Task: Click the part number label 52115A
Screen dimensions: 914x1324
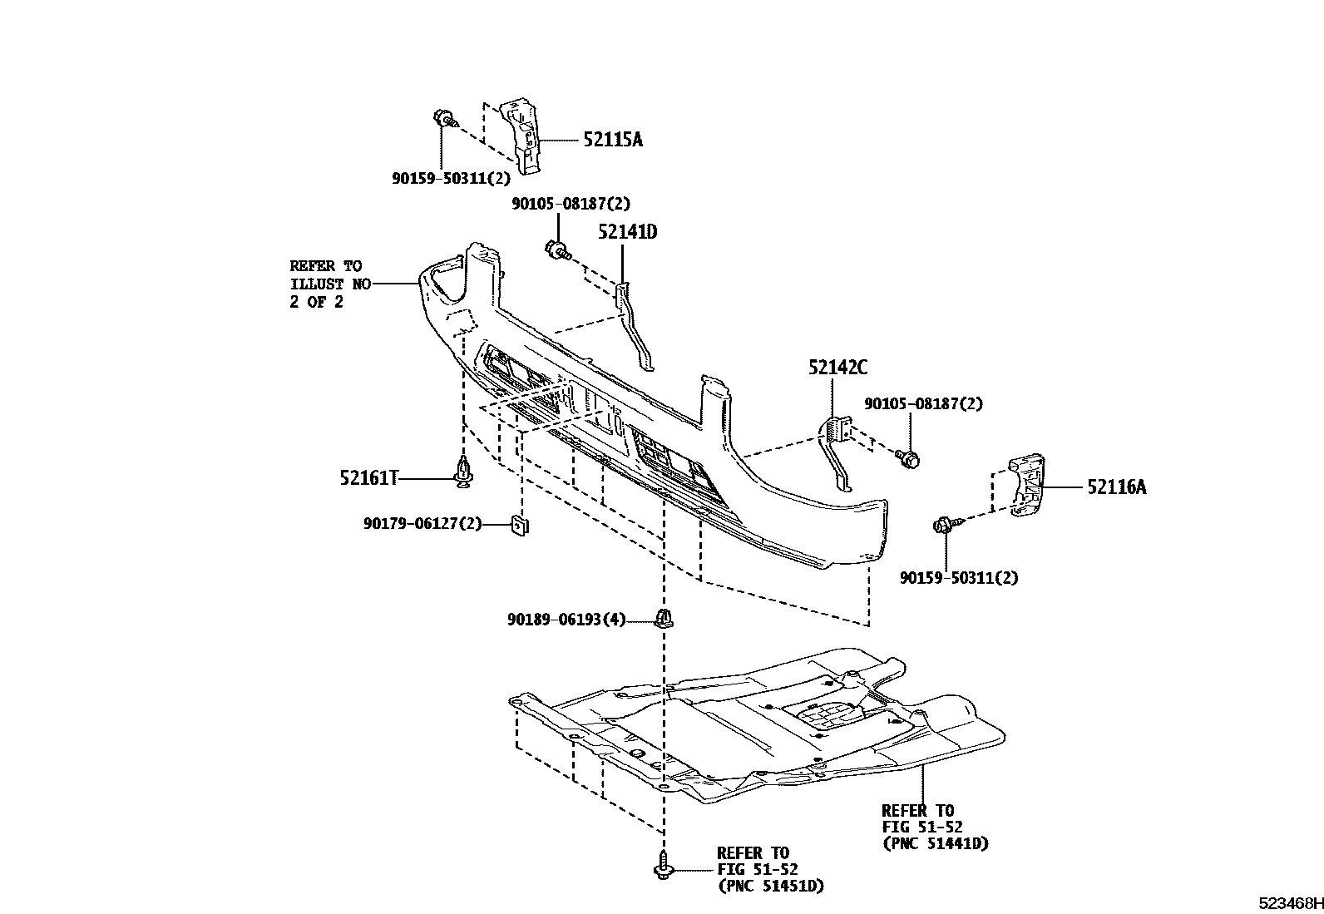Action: (612, 140)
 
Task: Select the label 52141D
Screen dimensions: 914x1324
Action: (627, 232)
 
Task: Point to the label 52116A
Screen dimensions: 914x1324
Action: (1115, 487)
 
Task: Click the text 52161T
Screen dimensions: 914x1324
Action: (368, 477)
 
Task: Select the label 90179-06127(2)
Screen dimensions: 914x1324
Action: (422, 524)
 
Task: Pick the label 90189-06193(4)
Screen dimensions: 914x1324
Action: (566, 620)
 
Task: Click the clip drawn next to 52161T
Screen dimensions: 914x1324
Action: (463, 471)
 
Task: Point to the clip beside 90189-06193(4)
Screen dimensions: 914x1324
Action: (664, 619)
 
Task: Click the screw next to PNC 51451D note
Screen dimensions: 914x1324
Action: (663, 866)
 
